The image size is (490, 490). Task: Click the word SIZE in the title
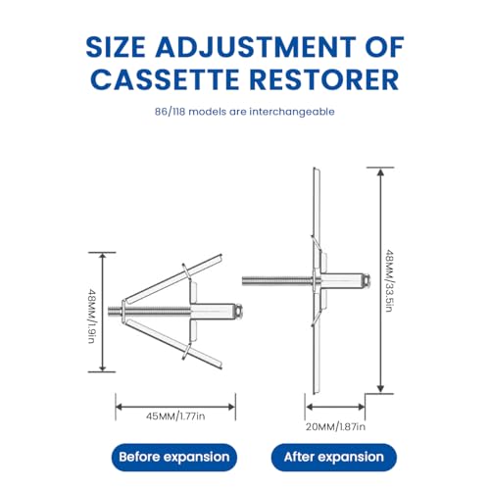pos(116,47)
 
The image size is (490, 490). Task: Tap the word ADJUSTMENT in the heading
pos(255,47)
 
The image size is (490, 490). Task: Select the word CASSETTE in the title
pos(165,79)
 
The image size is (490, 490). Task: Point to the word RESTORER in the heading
pos(325,79)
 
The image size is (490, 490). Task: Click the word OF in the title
pos(384,47)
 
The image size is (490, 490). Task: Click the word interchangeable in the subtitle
pos(292,112)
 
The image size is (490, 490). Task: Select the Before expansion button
pos(174,457)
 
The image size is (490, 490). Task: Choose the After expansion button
pos(334,457)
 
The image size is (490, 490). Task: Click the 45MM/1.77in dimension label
pos(175,416)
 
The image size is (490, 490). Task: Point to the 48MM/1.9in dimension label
pos(92,316)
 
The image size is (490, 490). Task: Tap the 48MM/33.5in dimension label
pos(389,280)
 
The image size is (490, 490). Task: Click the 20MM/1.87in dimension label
pos(335,427)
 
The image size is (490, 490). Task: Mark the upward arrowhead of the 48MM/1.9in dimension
pos(103,257)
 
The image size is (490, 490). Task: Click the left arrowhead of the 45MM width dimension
pos(120,407)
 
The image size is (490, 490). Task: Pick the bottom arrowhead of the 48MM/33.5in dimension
pos(380,389)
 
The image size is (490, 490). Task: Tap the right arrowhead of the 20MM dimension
pos(361,407)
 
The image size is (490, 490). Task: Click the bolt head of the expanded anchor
pos(366,280)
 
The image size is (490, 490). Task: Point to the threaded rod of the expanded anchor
pos(277,280)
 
